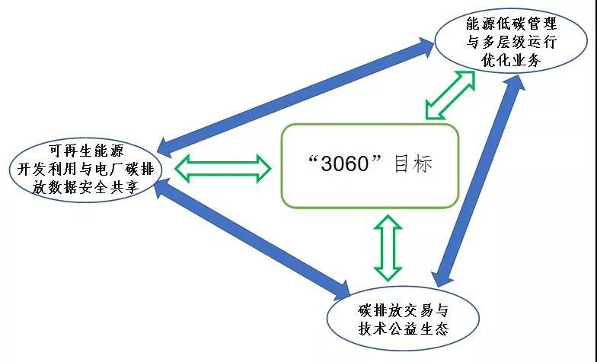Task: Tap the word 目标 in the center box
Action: click(x=413, y=164)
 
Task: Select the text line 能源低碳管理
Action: click(x=511, y=24)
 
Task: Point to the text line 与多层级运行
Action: click(x=511, y=43)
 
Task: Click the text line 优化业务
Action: click(x=511, y=61)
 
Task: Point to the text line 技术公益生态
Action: click(x=404, y=330)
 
